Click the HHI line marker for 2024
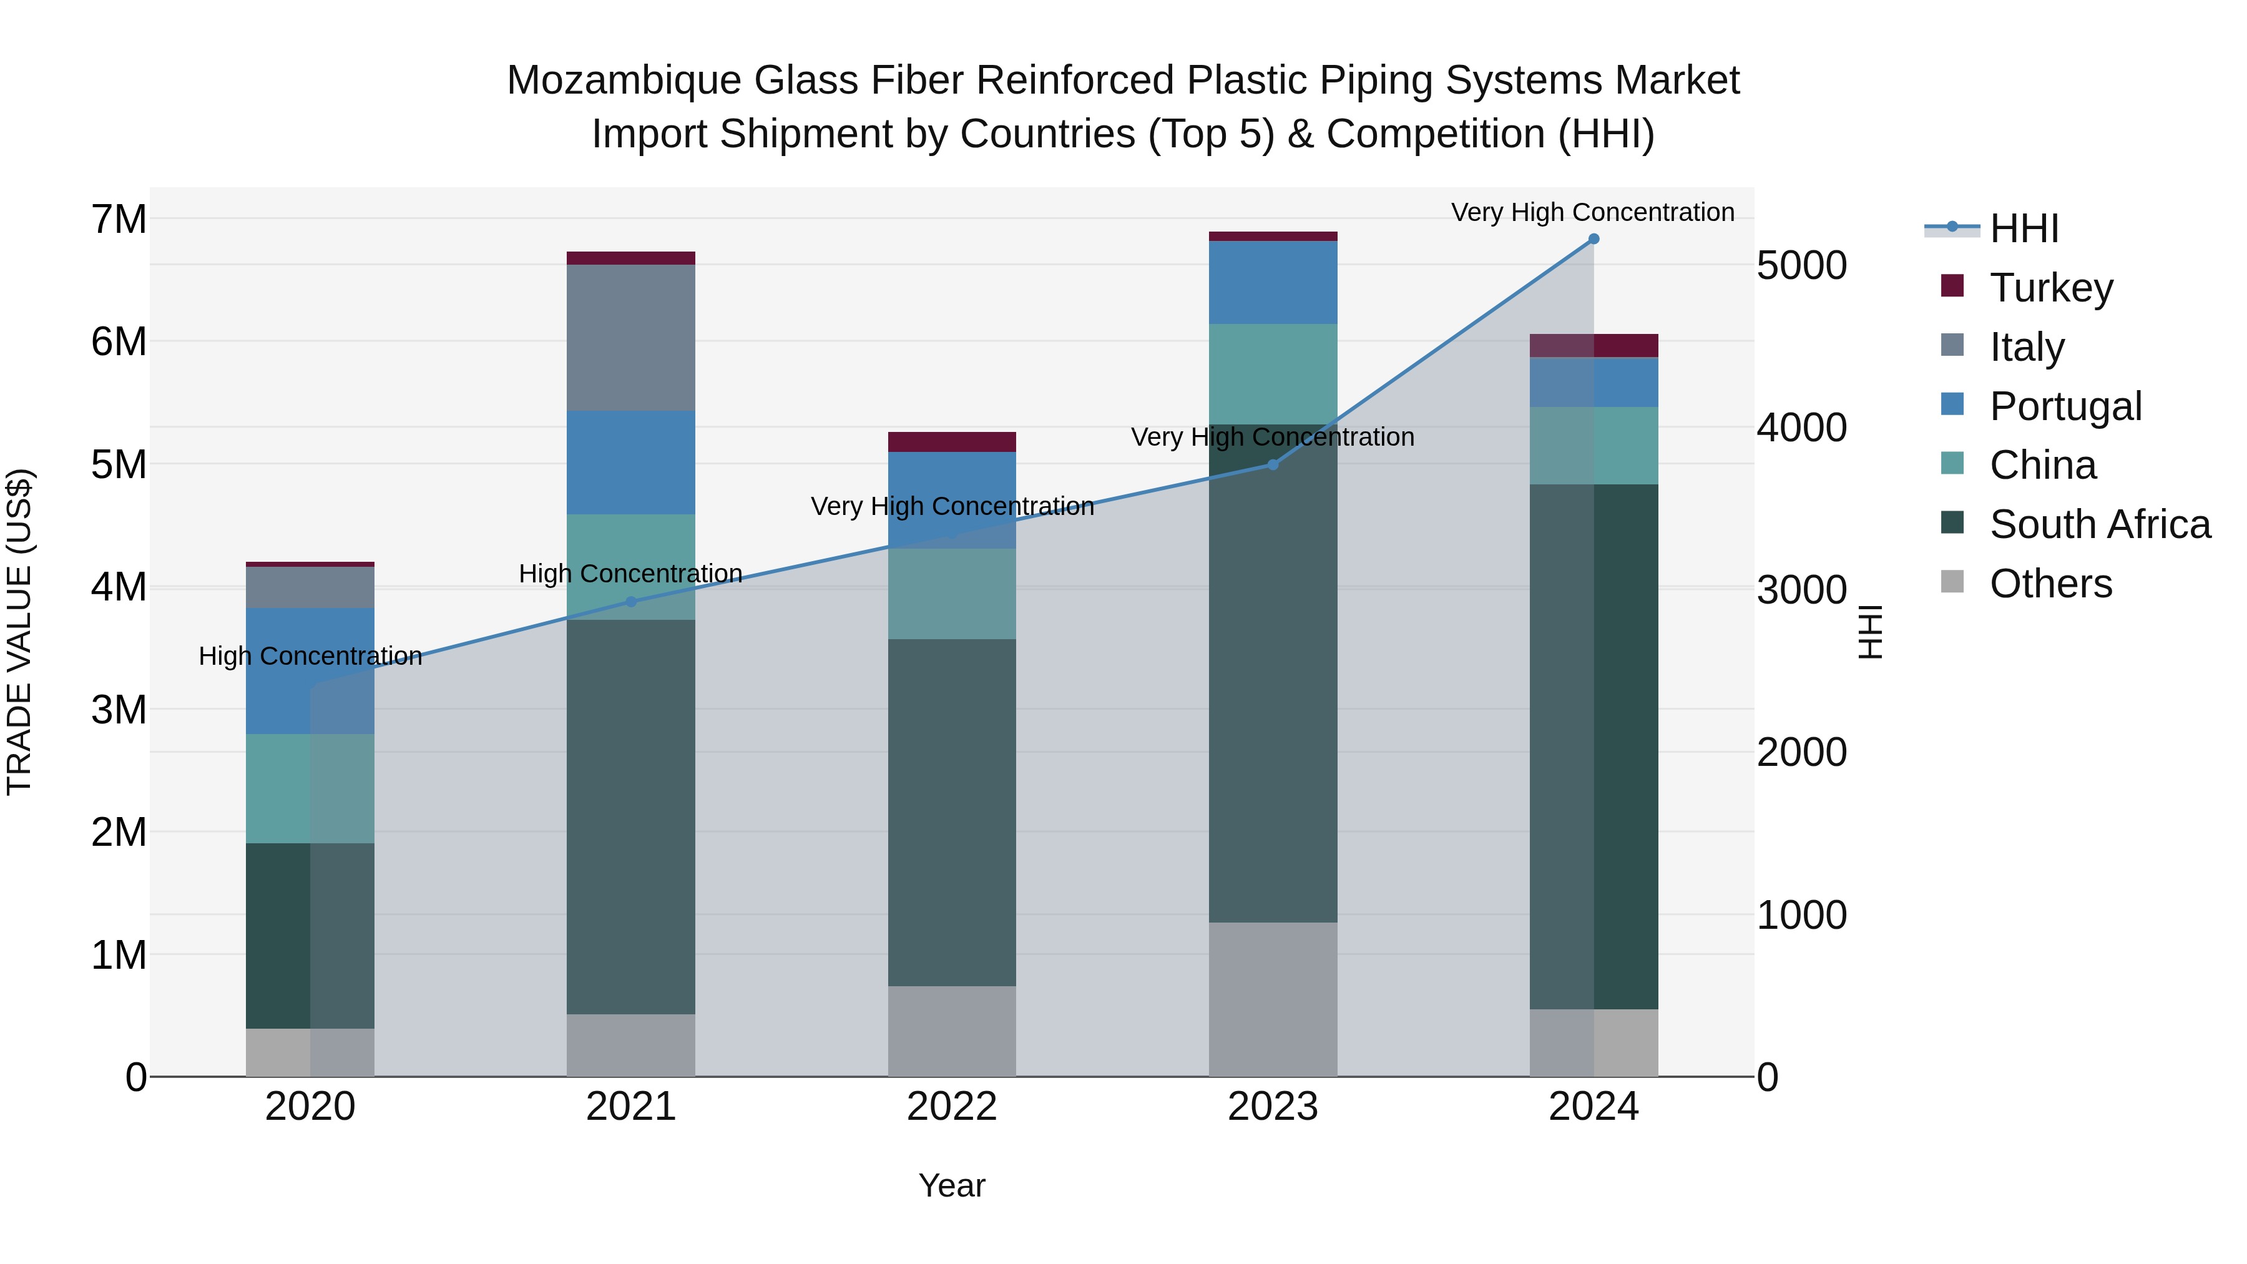click(x=1593, y=239)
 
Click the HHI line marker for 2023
click(x=1272, y=465)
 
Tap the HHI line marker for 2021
click(x=630, y=602)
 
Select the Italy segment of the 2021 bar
click(x=630, y=338)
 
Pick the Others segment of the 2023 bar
click(x=1272, y=999)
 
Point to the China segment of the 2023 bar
click(x=1272, y=375)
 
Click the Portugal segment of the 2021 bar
click(x=630, y=463)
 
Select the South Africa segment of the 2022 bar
click(x=952, y=812)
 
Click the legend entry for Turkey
click(x=2050, y=288)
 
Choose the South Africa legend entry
click(x=2098, y=524)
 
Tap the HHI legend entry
click(x=2024, y=228)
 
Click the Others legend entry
click(x=2050, y=584)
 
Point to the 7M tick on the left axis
click(x=119, y=219)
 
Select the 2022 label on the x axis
click(x=952, y=1107)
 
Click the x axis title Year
click(x=952, y=1185)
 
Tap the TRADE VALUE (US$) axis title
click(x=19, y=632)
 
